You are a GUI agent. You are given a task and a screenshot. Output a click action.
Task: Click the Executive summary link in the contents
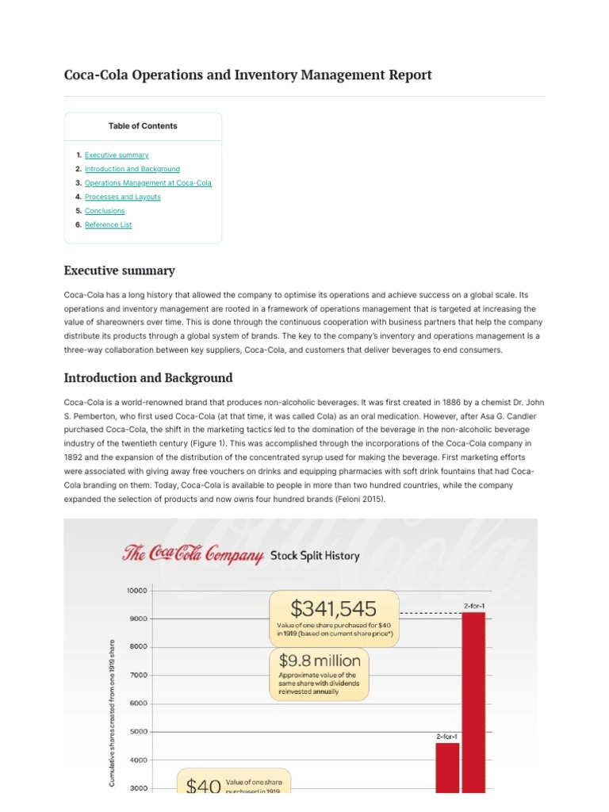tap(117, 155)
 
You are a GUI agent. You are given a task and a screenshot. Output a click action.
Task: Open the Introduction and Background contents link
tap(132, 169)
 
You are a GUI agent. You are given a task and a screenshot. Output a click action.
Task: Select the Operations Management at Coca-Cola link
tap(148, 183)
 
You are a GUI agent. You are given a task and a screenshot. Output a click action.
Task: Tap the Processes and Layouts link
tap(123, 197)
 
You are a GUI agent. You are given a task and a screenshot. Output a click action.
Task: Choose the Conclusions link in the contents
tap(105, 211)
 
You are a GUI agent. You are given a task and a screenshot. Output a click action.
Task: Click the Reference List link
tap(109, 224)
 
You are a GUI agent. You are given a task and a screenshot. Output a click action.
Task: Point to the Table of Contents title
tap(143, 126)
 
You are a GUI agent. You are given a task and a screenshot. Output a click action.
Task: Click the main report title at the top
tap(247, 75)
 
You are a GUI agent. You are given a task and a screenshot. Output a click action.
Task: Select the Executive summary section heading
tap(119, 270)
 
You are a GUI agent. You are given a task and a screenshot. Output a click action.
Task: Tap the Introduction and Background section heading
tap(148, 377)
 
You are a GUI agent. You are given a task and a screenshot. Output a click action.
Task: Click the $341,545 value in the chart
tap(333, 608)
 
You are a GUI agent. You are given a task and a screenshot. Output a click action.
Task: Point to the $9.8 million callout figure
tap(320, 660)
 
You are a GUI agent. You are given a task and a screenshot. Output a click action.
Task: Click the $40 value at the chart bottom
tap(202, 785)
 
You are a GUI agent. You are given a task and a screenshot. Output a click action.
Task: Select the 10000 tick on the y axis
tap(136, 590)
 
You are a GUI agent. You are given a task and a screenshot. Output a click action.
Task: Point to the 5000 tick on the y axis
tap(138, 732)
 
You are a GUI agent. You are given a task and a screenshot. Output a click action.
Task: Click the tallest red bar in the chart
tap(473, 702)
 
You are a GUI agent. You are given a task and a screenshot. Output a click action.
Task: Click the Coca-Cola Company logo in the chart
tap(193, 555)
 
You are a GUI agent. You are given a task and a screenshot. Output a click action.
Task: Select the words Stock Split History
tap(315, 556)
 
